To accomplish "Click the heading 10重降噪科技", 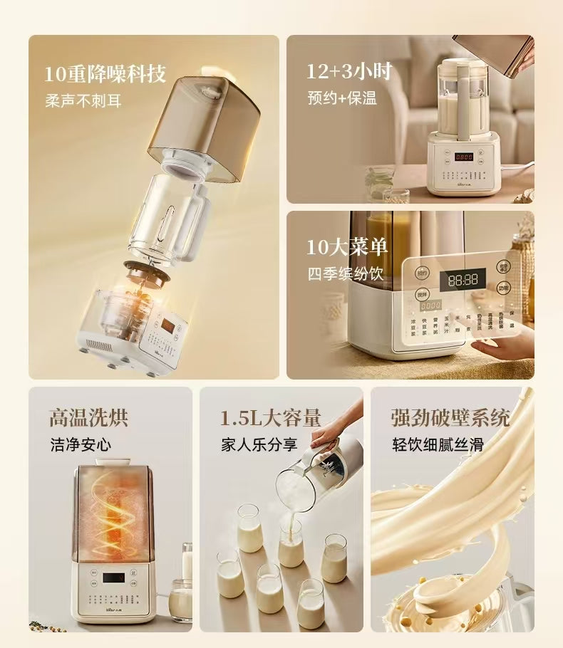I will click(x=105, y=73).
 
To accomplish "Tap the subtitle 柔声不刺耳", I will click(x=83, y=100).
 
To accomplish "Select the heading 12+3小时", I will click(x=348, y=71).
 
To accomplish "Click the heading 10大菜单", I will click(x=347, y=247).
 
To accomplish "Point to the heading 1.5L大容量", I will click(x=270, y=417).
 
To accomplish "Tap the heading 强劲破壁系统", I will click(x=450, y=417).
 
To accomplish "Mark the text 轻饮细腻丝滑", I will click(x=438, y=445).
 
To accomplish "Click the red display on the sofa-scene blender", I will click(x=465, y=157).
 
